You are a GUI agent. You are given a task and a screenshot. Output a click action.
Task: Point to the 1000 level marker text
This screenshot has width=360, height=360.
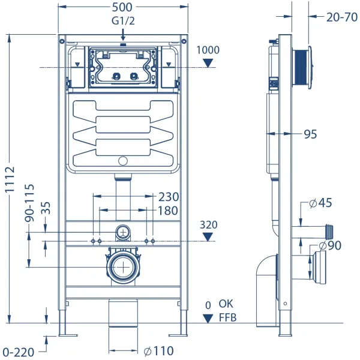tap(208, 50)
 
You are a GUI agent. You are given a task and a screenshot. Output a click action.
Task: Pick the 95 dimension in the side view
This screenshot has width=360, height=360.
tap(310, 134)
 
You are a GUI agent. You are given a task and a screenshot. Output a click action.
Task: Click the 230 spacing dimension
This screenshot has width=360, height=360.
tap(168, 197)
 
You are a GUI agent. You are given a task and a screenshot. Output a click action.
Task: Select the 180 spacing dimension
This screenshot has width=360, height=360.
tap(168, 211)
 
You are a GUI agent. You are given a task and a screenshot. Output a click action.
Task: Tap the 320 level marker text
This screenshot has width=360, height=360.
tap(208, 225)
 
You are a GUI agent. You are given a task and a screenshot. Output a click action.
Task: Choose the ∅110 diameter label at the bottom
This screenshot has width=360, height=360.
tap(158, 350)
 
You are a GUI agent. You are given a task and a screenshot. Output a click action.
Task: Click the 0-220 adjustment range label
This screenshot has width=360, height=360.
tap(17, 352)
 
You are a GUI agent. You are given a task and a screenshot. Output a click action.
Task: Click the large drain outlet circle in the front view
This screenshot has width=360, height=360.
tap(123, 266)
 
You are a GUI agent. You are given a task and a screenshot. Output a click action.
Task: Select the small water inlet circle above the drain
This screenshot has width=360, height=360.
tap(123, 232)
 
